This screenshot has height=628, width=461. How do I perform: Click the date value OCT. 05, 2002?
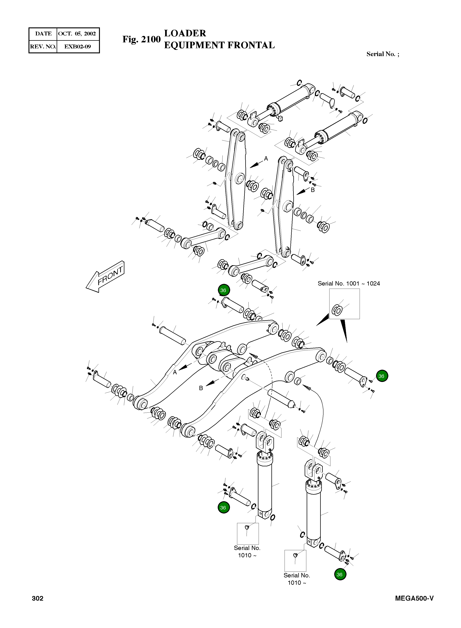point(77,34)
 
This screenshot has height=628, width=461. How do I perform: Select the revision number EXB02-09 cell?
point(78,47)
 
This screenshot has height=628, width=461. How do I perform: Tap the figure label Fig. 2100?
point(142,39)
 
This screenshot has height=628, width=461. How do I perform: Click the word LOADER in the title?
point(185,33)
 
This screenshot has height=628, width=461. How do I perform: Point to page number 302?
point(38,598)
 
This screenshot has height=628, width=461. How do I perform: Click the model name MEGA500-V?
point(414,598)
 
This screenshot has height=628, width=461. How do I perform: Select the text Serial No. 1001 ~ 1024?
point(349,283)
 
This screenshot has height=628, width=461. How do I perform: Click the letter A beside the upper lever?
point(266,159)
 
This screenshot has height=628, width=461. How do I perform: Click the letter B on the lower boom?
point(201,388)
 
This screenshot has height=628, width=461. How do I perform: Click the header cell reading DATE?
point(43,34)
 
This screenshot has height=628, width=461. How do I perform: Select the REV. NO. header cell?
point(43,47)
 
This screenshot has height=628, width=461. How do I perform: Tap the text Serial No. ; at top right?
point(383,54)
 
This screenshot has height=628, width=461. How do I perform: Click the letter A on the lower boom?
point(175,372)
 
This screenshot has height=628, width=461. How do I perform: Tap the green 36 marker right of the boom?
point(382,376)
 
